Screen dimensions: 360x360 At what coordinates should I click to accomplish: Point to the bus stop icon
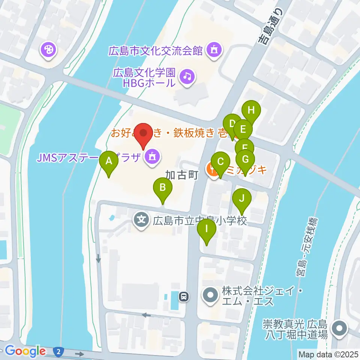click(x=183, y=297)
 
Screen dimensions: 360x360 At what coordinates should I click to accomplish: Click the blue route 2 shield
click(x=58, y=351)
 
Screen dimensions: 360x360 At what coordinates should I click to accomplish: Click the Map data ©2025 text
click(x=328, y=354)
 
